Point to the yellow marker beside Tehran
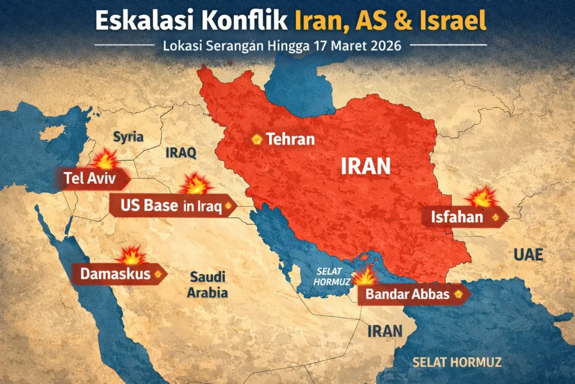point(257,139)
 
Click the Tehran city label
point(290,139)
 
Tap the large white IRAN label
point(366,166)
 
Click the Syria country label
point(129,137)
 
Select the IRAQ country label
point(180,152)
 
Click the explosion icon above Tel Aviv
point(106,160)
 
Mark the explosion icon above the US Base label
point(196,184)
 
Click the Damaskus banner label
point(115,274)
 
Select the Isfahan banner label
point(457,216)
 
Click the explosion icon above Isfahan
point(481,196)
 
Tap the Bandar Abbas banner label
point(408,293)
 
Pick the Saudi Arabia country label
point(208,284)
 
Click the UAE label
point(528,255)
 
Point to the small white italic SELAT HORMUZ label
point(333,276)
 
